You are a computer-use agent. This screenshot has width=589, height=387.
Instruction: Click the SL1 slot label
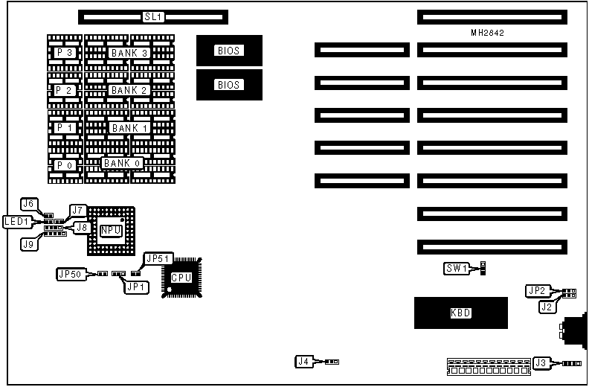[x=152, y=16]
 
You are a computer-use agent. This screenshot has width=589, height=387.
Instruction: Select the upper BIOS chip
[x=229, y=51]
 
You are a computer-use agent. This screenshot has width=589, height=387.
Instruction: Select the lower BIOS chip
[x=229, y=85]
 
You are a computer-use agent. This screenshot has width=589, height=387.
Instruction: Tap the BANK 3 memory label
[x=129, y=53]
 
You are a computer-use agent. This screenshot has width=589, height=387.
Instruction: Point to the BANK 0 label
[x=121, y=163]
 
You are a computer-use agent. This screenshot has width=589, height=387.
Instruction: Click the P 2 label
[x=64, y=90]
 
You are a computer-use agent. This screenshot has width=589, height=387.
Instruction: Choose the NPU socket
[x=112, y=231]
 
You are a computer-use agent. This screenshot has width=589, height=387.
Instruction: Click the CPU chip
[x=181, y=278]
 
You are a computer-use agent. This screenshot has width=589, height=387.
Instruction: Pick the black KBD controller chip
[x=460, y=313]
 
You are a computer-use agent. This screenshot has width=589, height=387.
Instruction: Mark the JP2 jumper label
[x=536, y=290]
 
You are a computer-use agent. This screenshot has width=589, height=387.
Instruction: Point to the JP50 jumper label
[x=71, y=274]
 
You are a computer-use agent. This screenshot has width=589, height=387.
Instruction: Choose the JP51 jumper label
[x=159, y=258]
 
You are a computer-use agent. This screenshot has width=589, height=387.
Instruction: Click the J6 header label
[x=29, y=204]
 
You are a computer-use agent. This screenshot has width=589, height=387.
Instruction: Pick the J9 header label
[x=29, y=243]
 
